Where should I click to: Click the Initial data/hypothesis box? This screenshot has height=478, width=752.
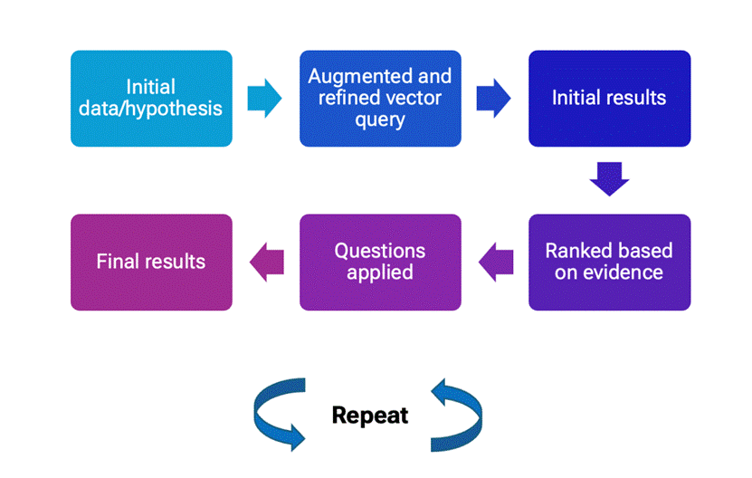click(x=151, y=99)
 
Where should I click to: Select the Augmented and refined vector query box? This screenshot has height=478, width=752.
click(x=380, y=99)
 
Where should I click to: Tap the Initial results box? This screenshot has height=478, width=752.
click(x=610, y=99)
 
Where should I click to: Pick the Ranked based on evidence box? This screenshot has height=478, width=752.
click(x=610, y=262)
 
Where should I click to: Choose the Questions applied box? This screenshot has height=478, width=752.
click(x=380, y=262)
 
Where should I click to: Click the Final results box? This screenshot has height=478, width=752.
click(x=151, y=262)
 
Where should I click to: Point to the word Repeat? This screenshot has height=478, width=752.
click(x=370, y=416)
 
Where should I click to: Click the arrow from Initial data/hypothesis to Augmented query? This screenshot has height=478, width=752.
click(x=265, y=99)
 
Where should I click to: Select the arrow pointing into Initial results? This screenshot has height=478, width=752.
click(x=493, y=99)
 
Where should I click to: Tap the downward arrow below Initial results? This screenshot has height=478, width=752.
click(x=610, y=179)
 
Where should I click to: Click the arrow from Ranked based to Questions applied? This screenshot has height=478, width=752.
click(x=496, y=262)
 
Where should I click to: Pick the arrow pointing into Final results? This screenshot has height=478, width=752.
click(x=267, y=262)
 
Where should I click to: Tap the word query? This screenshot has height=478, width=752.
click(x=380, y=120)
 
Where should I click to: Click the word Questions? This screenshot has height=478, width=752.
click(x=380, y=251)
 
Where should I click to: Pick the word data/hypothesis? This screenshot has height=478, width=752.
click(x=150, y=109)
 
